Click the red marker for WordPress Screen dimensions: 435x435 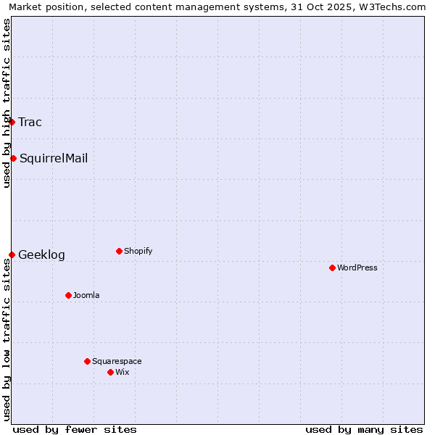[x=332, y=268]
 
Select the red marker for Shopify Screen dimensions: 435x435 [x=119, y=251]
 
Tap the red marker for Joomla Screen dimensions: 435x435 [x=68, y=295]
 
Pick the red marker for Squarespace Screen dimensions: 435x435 [x=87, y=361]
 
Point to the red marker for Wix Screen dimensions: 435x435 [x=110, y=372]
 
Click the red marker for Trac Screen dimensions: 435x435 [x=12, y=122]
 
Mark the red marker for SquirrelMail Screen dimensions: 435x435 [x=13, y=158]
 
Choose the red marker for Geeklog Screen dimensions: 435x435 [x=12, y=254]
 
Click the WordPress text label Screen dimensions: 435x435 [x=357, y=268]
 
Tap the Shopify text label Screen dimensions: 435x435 [x=138, y=251]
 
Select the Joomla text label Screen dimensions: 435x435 [x=86, y=295]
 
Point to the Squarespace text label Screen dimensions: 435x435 [x=117, y=361]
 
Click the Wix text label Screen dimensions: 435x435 [x=123, y=372]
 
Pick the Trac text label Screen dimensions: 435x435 [x=30, y=122]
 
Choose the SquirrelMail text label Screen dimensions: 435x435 [x=54, y=158]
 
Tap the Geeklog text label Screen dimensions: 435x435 [x=41, y=254]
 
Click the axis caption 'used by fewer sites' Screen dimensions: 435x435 [x=75, y=429]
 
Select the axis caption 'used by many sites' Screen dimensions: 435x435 [x=364, y=429]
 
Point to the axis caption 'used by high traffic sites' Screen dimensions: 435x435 [x=7, y=104]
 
